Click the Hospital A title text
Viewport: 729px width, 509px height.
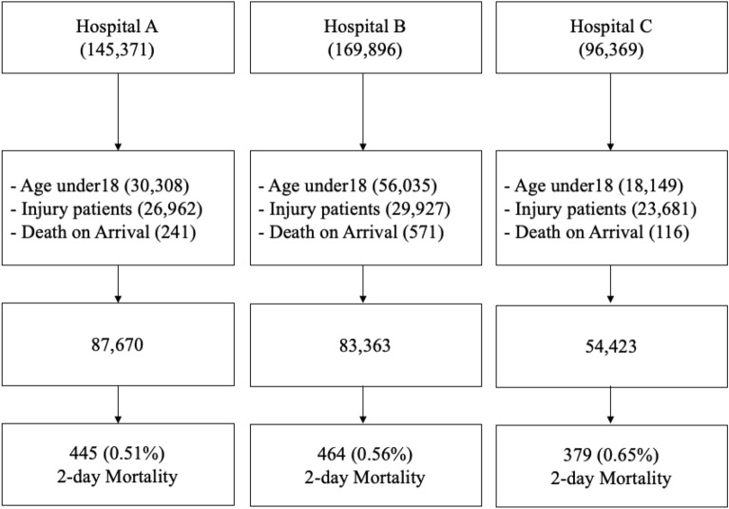pos(118,25)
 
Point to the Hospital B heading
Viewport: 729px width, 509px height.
pos(362,25)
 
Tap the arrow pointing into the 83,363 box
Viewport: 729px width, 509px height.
pos(363,285)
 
